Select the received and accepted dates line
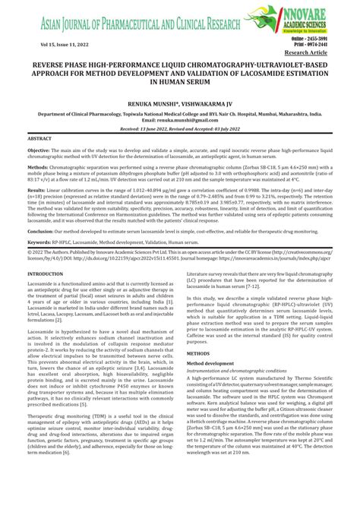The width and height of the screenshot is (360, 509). pos(180,130)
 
